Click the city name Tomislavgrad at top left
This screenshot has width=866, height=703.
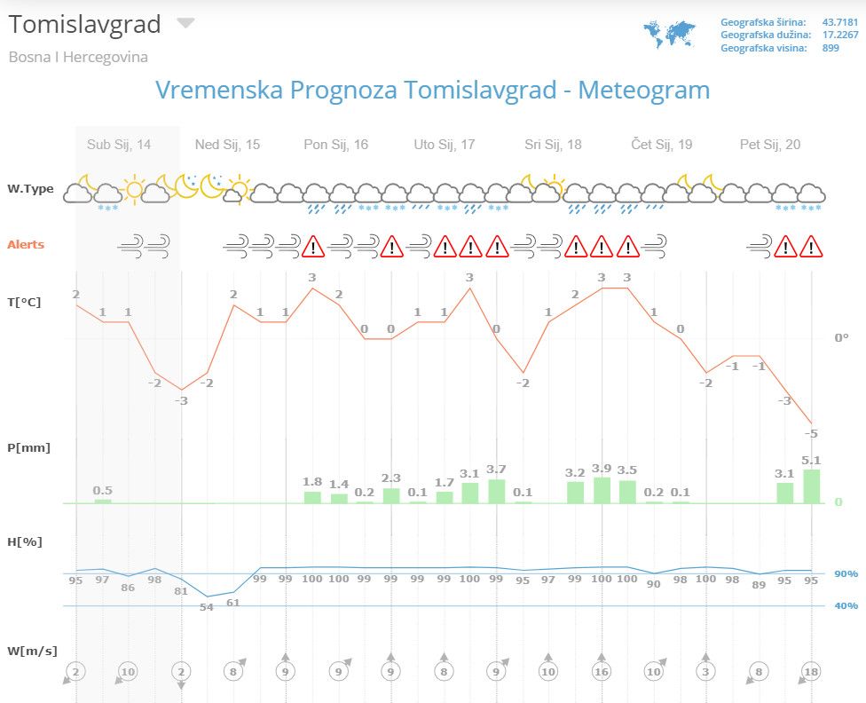point(85,25)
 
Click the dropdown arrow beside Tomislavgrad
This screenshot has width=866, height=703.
point(185,23)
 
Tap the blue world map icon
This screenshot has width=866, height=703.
point(669,34)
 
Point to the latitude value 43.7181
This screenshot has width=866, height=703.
point(840,21)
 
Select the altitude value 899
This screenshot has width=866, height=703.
point(831,48)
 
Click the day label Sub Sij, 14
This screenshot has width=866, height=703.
point(119,145)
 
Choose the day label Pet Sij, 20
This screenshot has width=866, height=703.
point(770,145)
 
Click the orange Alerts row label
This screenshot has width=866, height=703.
point(26,245)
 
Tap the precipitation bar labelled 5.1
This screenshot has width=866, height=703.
point(812,486)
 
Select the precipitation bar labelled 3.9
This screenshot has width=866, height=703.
point(602,491)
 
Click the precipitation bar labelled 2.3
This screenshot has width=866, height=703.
point(391,495)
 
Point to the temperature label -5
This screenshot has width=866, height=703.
point(811,433)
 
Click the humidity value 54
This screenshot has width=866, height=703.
point(207,607)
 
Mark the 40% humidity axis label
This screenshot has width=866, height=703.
point(846,606)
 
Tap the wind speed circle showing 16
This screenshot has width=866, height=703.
point(601,672)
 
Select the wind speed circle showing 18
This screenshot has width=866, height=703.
point(811,672)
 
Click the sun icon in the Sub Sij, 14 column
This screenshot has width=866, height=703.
point(134,188)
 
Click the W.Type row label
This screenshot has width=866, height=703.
point(30,189)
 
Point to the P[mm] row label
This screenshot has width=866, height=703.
point(28,447)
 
